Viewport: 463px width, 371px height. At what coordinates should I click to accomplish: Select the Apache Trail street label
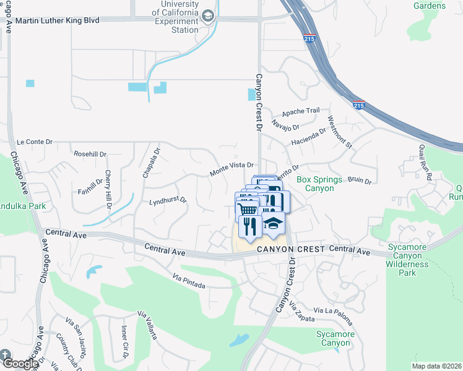coord(300,111)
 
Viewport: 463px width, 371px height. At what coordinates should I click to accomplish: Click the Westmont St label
coord(340,133)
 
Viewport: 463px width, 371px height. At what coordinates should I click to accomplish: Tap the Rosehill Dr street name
coord(90,154)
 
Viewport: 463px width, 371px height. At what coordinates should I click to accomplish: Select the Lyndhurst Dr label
coord(168,202)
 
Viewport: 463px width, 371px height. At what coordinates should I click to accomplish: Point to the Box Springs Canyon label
coord(319,184)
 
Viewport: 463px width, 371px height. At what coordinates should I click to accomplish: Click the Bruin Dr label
coord(358,181)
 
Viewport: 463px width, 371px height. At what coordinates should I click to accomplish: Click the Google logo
coord(20,364)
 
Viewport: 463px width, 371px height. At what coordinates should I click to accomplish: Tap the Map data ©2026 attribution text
coord(436,366)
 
